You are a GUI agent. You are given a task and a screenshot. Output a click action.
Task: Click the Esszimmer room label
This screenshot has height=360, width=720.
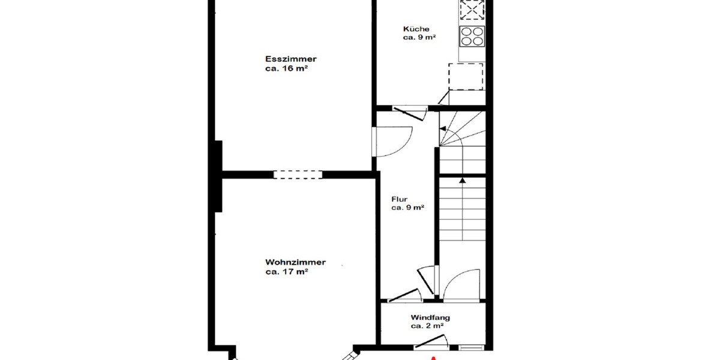pyautogui.click(x=291, y=59)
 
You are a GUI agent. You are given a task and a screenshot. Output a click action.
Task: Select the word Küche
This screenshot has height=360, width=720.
pyautogui.click(x=416, y=29)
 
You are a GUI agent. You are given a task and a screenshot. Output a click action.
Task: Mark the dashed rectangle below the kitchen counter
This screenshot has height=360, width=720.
pyautogui.click(x=466, y=76)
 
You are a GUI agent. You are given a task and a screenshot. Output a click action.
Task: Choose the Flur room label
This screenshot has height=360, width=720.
pyautogui.click(x=400, y=199)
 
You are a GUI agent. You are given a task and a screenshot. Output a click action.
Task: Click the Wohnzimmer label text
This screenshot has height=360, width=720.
pyautogui.click(x=295, y=262)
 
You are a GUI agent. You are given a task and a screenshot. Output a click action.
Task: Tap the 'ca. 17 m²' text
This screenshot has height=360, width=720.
pyautogui.click(x=287, y=271)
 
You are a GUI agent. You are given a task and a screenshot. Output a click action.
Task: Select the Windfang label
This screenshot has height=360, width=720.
pyautogui.click(x=430, y=317)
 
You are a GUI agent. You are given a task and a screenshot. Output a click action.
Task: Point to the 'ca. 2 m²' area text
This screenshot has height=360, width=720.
pyautogui.click(x=427, y=326)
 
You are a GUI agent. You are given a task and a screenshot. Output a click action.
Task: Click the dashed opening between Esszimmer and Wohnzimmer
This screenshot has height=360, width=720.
pyautogui.click(x=298, y=175)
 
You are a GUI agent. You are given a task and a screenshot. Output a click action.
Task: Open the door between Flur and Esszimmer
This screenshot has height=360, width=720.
pyautogui.click(x=390, y=142)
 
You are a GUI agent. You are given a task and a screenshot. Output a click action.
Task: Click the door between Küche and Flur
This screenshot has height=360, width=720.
pyautogui.click(x=409, y=111)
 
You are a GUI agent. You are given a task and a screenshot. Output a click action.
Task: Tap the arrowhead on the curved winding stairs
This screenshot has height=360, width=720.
pyautogui.click(x=443, y=129)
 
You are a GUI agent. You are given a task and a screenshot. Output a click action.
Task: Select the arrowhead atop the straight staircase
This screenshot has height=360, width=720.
pyautogui.click(x=462, y=179)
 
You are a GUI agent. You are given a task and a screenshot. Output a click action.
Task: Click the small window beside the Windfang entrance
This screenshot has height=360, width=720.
pyautogui.click(x=471, y=347)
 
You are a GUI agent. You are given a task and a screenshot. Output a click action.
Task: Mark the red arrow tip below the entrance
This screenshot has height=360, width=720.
pyautogui.click(x=433, y=358)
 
